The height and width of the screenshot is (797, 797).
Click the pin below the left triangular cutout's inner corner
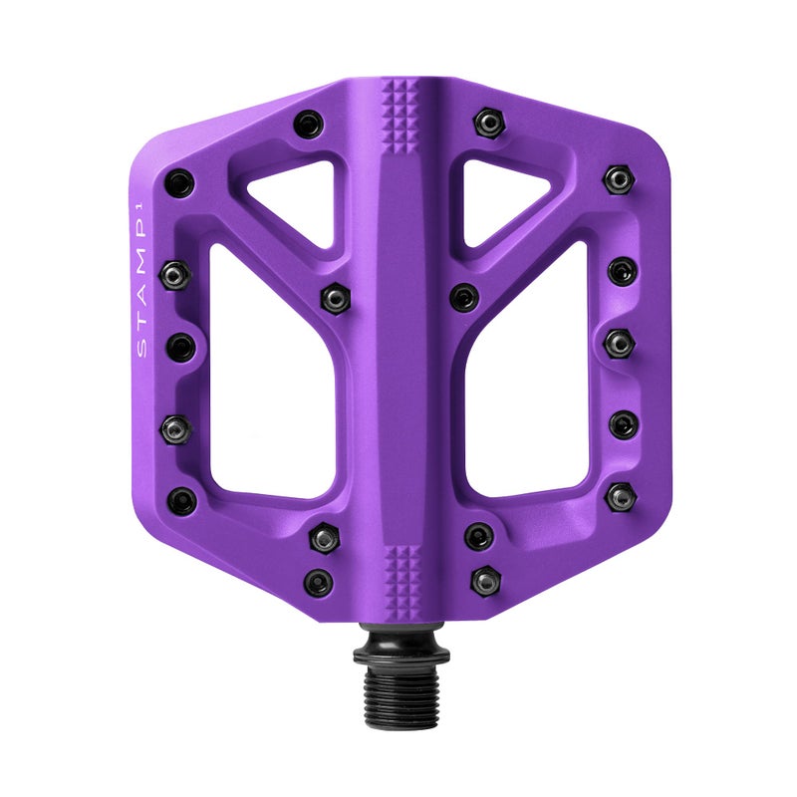click(332, 296)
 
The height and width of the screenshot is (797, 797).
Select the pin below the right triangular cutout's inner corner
click(463, 297)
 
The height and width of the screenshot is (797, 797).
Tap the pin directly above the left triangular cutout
click(308, 125)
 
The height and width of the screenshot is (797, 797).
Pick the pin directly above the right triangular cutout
click(487, 123)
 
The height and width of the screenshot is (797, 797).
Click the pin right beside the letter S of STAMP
click(180, 347)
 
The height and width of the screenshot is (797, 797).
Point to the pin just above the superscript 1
click(179, 182)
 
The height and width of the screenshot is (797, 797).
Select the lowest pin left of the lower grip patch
click(319, 582)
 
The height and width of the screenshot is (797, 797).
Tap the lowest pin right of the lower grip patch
click(486, 579)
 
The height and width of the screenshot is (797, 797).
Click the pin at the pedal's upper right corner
click(618, 178)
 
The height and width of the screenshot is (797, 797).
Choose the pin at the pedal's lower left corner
click(182, 499)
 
